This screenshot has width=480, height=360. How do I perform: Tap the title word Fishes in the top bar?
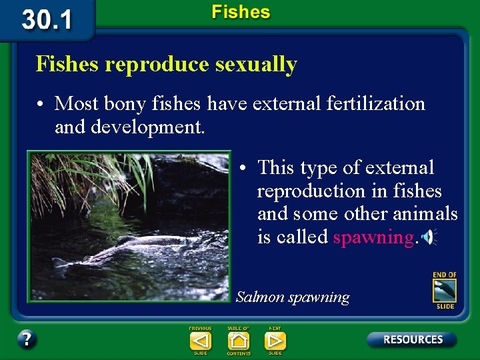point(241,12)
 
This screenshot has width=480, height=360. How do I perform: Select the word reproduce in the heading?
point(157,65)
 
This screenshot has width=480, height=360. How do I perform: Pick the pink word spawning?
point(373,237)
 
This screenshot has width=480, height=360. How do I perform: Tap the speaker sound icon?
point(428,237)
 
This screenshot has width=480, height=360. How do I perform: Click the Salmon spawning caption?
point(293,297)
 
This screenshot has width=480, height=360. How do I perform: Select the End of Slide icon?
point(445,291)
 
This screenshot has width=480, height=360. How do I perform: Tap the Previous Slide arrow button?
point(200,341)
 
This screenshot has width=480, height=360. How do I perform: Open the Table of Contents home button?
point(238,341)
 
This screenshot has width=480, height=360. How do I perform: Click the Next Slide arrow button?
point(275,341)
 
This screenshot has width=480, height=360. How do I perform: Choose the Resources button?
point(412,339)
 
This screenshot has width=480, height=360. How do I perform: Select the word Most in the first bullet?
point(74,104)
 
